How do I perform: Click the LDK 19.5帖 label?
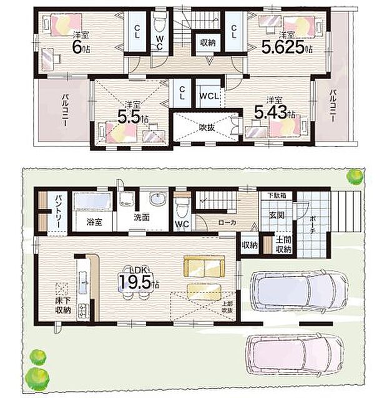139,279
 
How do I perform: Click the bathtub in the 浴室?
92,203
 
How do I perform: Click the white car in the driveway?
298,291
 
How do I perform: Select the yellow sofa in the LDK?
203,266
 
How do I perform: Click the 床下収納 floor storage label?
62,305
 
